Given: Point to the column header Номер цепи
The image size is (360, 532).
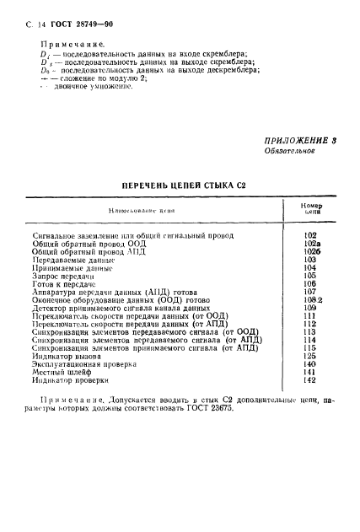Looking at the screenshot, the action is (x=309, y=211).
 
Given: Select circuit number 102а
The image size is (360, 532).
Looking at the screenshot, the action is (x=309, y=243).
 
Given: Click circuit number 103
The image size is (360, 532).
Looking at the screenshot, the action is (x=309, y=261).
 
